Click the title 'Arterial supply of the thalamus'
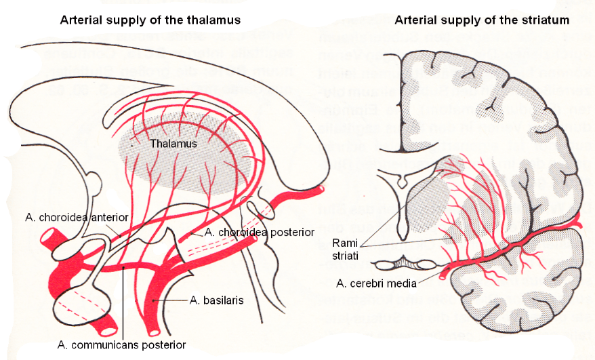(x=150, y=20)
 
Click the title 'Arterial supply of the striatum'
(x=482, y=20)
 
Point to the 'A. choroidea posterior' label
(x=260, y=232)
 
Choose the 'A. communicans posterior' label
(x=122, y=344)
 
